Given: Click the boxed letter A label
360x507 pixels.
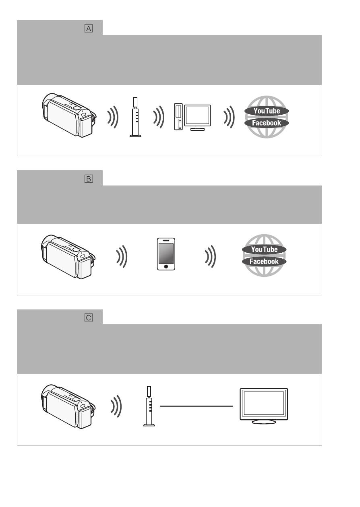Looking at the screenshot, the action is tap(88, 29).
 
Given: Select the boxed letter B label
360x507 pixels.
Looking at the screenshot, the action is tap(88, 179).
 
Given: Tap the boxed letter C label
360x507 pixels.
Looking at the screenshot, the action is tap(88, 317).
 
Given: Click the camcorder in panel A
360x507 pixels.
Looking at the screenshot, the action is tap(69, 115).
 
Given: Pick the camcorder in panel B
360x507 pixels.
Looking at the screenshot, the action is tap(68, 257).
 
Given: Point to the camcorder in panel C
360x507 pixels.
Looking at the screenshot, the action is tap(68, 406).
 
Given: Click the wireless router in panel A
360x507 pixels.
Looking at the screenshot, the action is tap(135, 117).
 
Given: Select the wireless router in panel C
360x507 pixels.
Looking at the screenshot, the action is tap(149, 406).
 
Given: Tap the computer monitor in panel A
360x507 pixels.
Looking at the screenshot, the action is tap(198, 117).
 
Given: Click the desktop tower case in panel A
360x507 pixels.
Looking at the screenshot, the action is tap(178, 117).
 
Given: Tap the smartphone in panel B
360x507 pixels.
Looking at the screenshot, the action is tap(166, 254).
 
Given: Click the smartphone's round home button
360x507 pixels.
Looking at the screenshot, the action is tap(166, 267).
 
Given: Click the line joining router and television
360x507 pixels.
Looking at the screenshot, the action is tap(197, 406).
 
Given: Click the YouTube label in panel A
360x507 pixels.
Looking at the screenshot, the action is tap(267, 111).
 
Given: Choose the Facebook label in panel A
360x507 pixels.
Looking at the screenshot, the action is tap(267, 123).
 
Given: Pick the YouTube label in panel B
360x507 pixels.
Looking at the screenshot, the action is tap(264, 249).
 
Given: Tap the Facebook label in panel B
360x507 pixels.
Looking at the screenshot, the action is tap(264, 262).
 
